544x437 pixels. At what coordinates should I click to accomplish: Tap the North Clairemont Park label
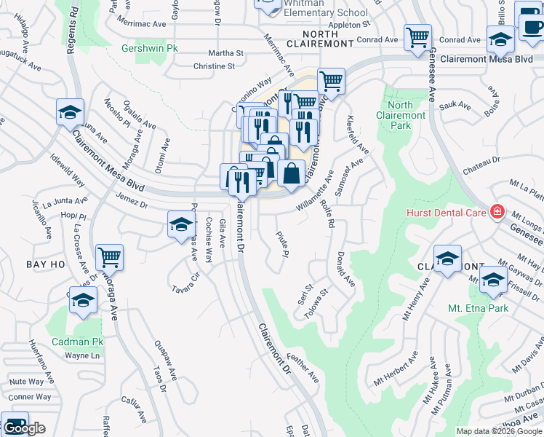(x=401, y=115)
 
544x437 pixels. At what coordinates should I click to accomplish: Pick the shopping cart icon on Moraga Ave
(x=109, y=257)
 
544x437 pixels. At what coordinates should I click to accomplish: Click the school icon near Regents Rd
(x=71, y=112)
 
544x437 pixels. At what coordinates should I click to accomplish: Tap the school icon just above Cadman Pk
(x=84, y=301)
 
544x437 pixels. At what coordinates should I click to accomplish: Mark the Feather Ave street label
(x=303, y=368)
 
